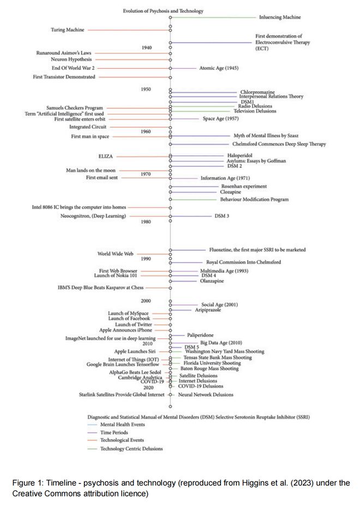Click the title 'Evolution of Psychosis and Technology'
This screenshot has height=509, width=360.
coord(163,11)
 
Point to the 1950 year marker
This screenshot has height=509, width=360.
coord(147,89)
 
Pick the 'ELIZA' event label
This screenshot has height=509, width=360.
coord(106,157)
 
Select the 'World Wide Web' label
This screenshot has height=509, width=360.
coord(116,254)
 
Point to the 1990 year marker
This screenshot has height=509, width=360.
coord(146,259)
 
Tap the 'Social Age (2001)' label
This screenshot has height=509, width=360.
coord(219,304)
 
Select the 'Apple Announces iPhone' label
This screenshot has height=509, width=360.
coord(126,330)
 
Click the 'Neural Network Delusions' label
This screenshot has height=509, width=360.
coord(206,394)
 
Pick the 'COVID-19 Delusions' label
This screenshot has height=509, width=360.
coord(201,386)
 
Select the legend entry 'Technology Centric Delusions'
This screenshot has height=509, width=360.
coord(131,448)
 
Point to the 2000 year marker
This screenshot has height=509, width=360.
coord(146,301)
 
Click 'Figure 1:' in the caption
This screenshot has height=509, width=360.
coord(28,483)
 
